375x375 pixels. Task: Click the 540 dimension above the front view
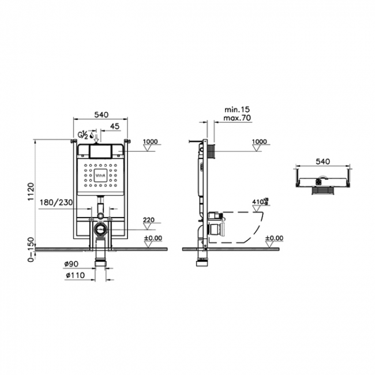point(101,115)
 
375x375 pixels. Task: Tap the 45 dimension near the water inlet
point(114,126)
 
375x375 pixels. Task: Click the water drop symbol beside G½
point(92,136)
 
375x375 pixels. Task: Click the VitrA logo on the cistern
point(100,175)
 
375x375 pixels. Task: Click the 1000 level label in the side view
point(260,141)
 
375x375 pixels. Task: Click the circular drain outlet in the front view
point(100,228)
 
